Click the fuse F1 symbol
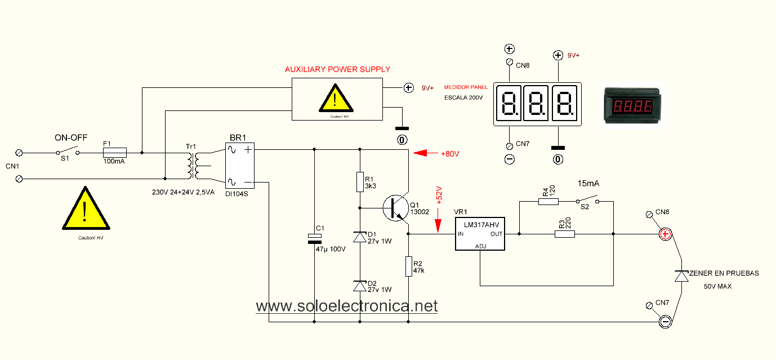click(x=114, y=152)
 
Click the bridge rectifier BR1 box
click(x=240, y=166)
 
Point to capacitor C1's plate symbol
click(x=314, y=239)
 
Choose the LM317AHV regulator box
click(x=480, y=234)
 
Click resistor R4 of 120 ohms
click(x=548, y=201)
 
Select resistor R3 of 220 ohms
click(x=565, y=234)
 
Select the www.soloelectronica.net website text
click(x=346, y=306)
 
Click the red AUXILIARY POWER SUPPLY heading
click(x=337, y=69)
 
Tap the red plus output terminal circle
click(x=666, y=234)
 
